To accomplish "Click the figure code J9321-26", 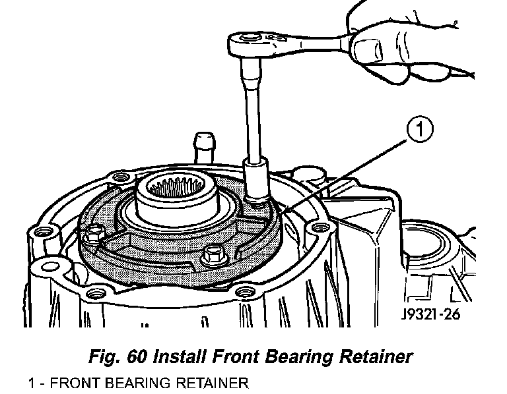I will (x=430, y=314).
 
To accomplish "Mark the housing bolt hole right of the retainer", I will (x=321, y=228).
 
